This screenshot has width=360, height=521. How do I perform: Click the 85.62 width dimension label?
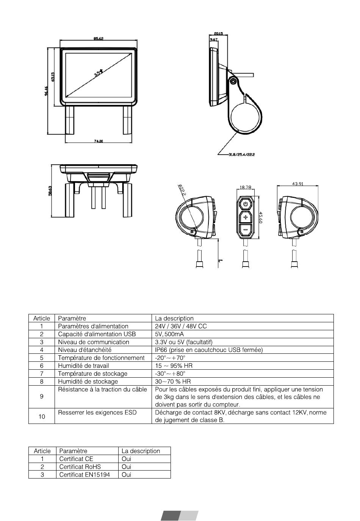click(98, 39)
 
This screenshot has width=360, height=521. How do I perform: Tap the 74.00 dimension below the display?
click(98, 141)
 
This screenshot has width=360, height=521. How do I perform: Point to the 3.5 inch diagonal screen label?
click(98, 73)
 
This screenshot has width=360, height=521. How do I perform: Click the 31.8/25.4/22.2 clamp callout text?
click(241, 154)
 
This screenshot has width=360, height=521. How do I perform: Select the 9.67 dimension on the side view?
click(214, 40)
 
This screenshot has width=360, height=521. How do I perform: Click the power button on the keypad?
click(246, 204)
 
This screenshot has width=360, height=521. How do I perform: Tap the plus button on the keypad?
click(246, 218)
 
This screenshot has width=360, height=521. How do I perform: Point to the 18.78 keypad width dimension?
click(245, 187)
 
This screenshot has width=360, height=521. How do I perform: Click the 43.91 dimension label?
click(297, 184)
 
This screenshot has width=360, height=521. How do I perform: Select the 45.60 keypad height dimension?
click(261, 218)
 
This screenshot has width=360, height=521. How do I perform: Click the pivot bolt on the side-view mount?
click(233, 81)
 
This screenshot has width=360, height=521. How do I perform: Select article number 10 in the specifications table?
click(42, 416)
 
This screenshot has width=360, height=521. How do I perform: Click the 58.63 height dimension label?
click(50, 191)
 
